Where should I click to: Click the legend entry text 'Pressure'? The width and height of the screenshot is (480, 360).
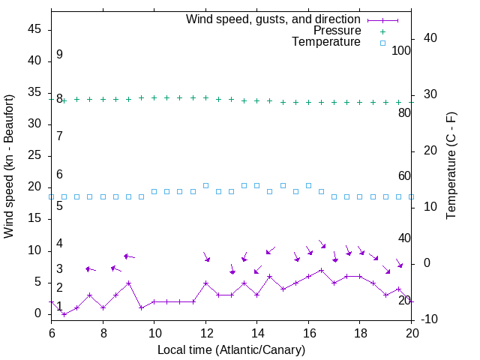point(336,31)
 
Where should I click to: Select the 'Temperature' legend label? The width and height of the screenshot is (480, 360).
point(326,43)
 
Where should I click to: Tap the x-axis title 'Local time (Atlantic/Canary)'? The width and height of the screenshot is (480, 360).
point(231,350)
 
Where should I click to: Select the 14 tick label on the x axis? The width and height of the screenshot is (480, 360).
point(256,333)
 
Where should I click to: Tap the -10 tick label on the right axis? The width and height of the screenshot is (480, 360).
point(427,319)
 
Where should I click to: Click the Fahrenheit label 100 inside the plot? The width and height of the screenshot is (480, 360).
point(401,51)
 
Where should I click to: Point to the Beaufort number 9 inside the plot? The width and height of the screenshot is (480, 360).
point(59,55)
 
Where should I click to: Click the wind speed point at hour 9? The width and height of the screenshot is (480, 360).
point(128,283)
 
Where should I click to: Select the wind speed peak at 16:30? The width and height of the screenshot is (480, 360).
point(321,270)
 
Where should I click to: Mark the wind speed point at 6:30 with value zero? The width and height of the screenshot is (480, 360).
point(64,314)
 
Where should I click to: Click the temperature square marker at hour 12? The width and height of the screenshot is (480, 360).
point(205,185)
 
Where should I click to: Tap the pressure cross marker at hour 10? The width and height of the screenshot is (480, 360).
point(154,97)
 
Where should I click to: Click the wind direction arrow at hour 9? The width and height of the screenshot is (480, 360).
point(128,256)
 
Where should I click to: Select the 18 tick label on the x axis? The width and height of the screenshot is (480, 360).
point(359,333)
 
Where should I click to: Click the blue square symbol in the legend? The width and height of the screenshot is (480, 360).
point(382,43)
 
